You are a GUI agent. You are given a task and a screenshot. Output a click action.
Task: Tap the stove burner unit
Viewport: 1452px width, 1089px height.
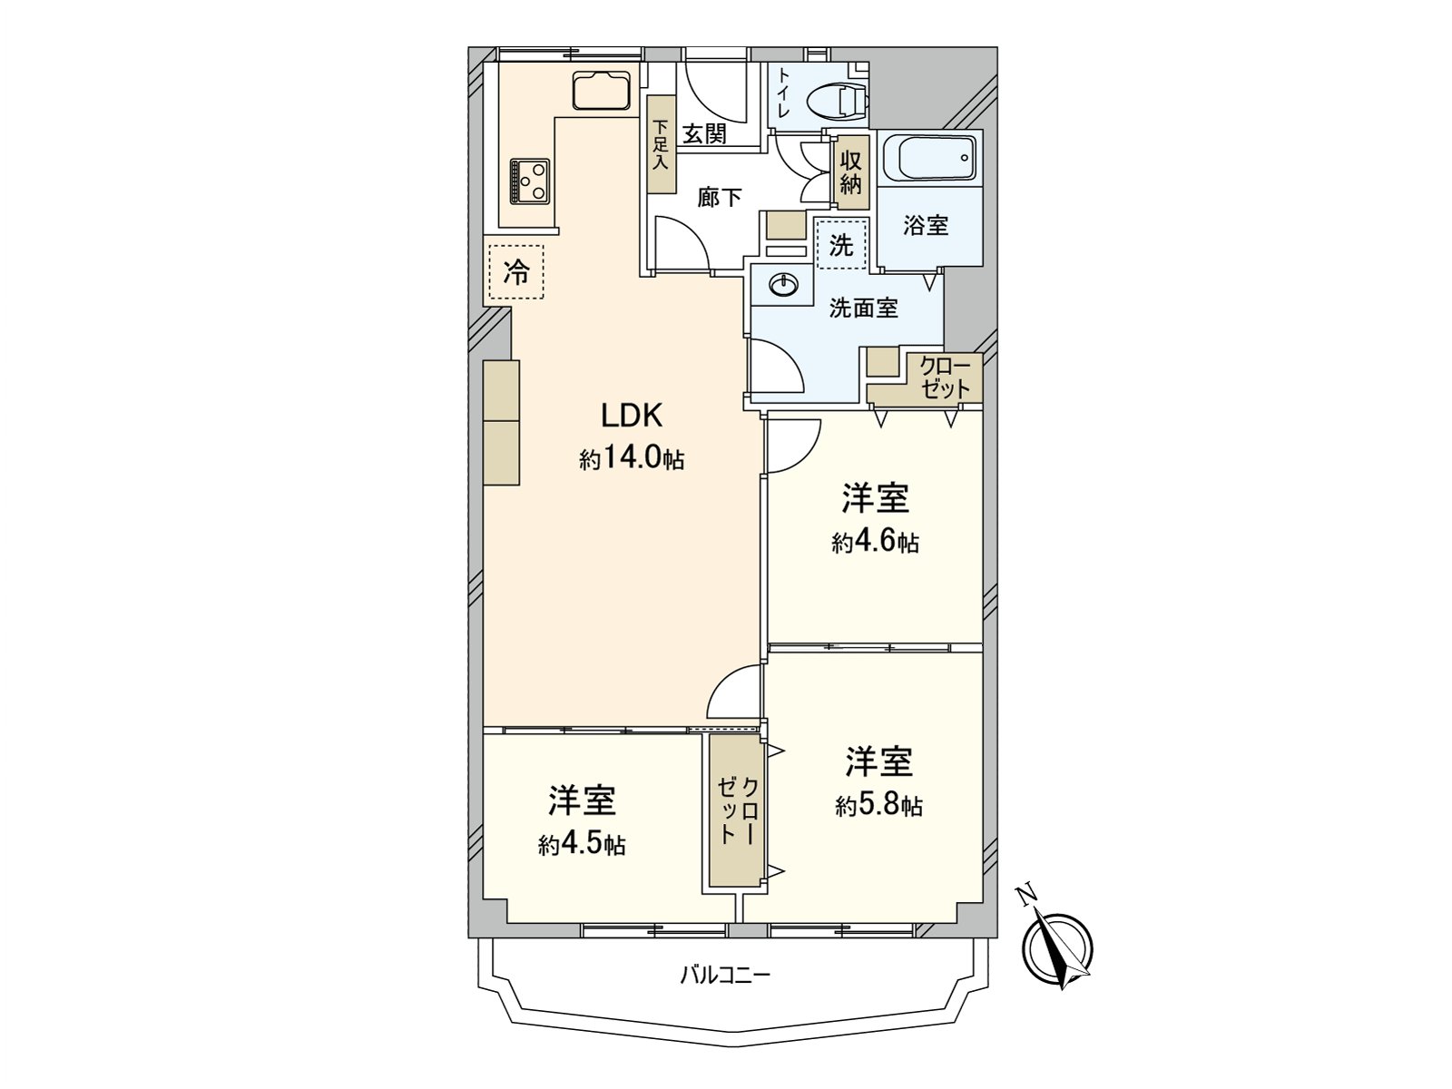[530, 180]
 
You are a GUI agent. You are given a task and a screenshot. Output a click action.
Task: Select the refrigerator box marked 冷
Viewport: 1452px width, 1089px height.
[515, 271]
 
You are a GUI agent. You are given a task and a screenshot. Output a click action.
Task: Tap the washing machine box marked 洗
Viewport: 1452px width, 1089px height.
[842, 244]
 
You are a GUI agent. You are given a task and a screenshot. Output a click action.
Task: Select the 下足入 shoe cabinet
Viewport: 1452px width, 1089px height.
[662, 144]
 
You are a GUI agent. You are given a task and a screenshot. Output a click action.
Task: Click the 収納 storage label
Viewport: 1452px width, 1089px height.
[850, 172]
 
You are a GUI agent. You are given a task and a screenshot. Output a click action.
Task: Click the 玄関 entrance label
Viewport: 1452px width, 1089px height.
[704, 134]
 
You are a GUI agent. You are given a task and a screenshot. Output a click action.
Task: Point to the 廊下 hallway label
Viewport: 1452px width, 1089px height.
[720, 197]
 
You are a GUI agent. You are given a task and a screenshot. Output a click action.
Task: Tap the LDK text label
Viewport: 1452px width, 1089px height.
[633, 416]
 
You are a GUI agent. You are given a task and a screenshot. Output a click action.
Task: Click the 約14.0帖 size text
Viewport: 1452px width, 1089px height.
[632, 459]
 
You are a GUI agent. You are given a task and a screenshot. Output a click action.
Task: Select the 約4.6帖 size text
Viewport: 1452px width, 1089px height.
[875, 543]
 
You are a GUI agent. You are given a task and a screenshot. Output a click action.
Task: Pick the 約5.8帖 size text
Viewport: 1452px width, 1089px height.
[878, 806]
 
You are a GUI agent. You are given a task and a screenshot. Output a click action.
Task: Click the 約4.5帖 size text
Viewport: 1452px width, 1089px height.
[581, 845]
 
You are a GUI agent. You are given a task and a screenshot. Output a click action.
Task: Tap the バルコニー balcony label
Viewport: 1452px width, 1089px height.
[725, 976]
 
